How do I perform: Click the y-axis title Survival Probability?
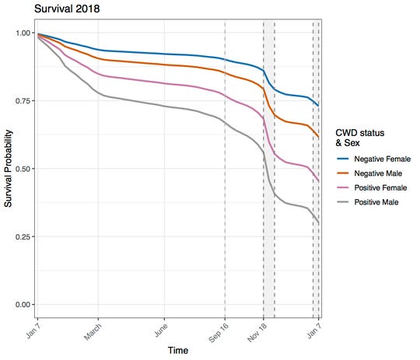click(9, 169)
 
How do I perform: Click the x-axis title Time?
click(178, 351)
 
